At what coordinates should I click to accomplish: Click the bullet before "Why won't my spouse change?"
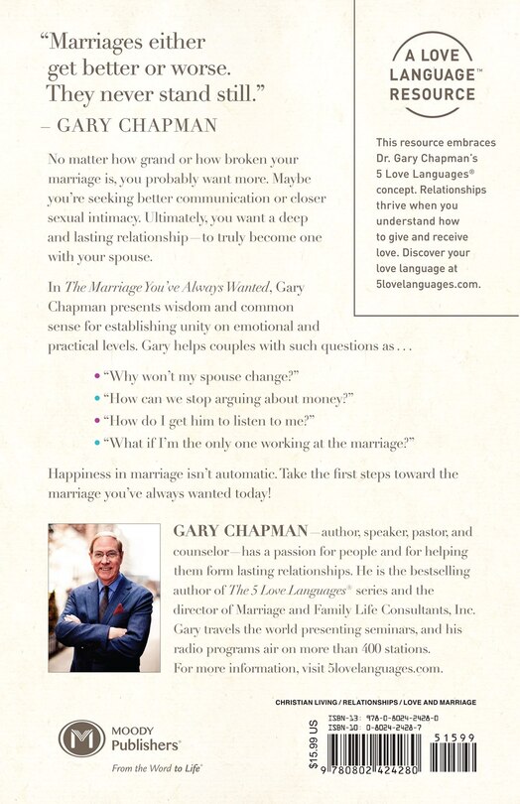pyautogui.click(x=95, y=377)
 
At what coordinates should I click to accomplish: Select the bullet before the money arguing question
pyautogui.click(x=95, y=399)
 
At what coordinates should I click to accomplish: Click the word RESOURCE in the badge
pyautogui.click(x=433, y=94)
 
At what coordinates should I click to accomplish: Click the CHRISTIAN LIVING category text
pyautogui.click(x=309, y=703)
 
